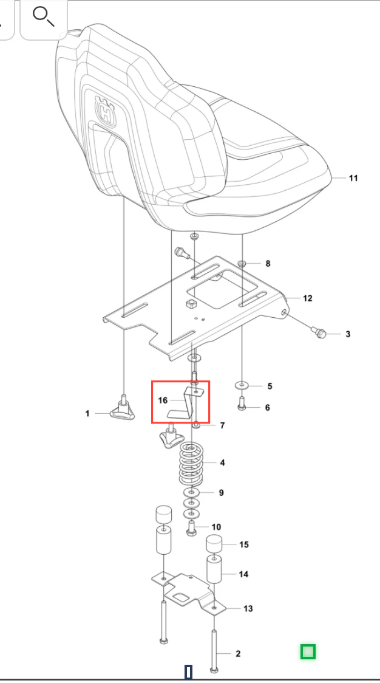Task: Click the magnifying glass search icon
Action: [44, 17]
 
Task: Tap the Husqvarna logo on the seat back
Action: [106, 111]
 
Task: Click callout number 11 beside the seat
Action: [353, 177]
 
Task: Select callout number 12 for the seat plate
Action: [307, 298]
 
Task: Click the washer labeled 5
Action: [242, 385]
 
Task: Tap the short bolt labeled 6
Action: [243, 405]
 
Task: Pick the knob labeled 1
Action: [122, 410]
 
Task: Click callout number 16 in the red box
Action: [163, 400]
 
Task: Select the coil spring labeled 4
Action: [192, 464]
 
